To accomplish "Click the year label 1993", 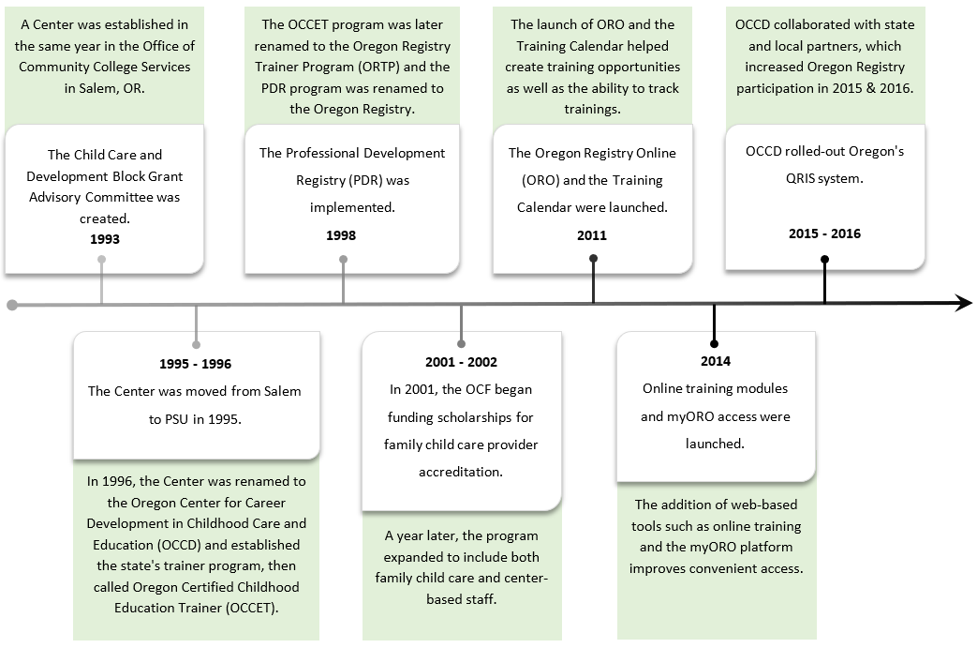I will pos(105,239).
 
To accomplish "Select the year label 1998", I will pos(341,235).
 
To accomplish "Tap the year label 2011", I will pos(592,235).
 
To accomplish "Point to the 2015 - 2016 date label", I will pos(824,234).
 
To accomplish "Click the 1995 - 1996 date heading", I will pos(195,364).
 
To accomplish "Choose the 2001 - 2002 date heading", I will pos(461,362).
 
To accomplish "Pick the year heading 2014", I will pos(715,360).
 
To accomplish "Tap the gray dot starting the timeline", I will pos(11,305).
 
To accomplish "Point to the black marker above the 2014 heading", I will pos(715,342).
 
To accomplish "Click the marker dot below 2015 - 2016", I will pos(824,262).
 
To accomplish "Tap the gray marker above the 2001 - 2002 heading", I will pos(461,343).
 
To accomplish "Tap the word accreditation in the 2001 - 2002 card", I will pos(461,472).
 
